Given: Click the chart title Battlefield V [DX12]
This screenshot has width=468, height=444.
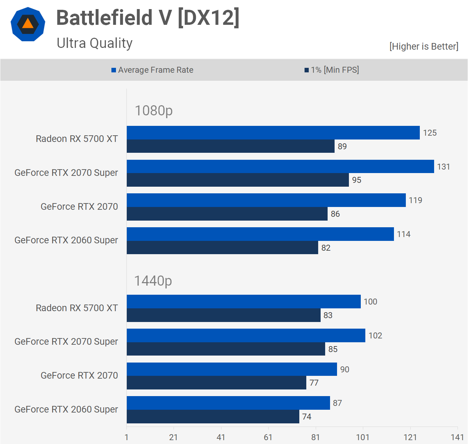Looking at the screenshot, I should [148, 18].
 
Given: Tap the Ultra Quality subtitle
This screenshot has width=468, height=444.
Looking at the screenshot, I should [95, 43].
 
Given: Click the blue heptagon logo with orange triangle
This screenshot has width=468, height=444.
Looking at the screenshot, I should [28, 24].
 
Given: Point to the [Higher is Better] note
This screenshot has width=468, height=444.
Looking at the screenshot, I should [424, 46].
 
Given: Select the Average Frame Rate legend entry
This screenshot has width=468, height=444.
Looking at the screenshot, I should [152, 70].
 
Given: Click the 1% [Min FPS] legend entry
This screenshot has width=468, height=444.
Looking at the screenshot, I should [332, 70].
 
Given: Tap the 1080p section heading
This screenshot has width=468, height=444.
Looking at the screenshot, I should [154, 110].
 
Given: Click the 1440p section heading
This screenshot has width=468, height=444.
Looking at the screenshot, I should [153, 281].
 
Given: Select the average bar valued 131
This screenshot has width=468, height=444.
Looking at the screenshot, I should [280, 166].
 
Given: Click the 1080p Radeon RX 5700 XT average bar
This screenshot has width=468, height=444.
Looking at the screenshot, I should [273, 133].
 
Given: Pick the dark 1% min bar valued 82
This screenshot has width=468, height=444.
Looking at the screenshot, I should [222, 248].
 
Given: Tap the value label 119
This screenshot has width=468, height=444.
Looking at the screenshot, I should [415, 200].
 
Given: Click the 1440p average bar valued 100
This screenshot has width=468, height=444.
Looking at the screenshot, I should [243, 301].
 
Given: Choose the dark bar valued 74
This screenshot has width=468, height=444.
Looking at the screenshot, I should [213, 416].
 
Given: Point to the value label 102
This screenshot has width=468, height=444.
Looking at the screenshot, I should [375, 336].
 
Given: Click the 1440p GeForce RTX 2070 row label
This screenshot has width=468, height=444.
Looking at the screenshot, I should [79, 375].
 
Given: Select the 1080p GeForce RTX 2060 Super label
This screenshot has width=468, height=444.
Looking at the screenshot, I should [66, 240].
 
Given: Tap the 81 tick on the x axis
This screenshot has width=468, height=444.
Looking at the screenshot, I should [315, 437].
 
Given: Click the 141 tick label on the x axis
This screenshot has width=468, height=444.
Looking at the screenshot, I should [457, 437].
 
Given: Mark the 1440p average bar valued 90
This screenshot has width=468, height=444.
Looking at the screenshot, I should [232, 369].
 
